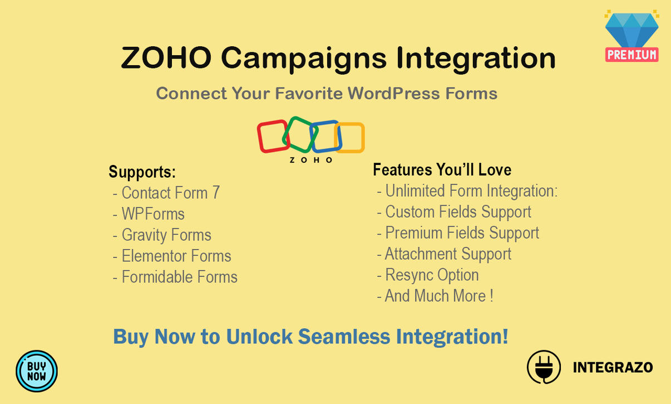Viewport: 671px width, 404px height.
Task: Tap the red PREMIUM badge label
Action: tap(631, 54)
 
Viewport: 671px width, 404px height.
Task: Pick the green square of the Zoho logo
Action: tap(299, 134)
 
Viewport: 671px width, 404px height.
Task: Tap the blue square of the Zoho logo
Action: tap(325, 137)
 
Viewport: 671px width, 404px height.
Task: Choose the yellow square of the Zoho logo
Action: tap(351, 138)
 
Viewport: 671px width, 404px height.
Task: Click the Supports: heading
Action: tap(142, 172)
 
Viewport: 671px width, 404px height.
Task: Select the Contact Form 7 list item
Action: tap(170, 193)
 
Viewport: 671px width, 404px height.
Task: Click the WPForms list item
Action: tap(153, 214)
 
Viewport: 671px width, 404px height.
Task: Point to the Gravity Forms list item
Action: tap(166, 235)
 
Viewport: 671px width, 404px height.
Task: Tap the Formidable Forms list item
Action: tap(179, 277)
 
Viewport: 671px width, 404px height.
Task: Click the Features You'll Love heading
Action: tap(442, 169)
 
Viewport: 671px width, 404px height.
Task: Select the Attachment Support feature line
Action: tap(447, 254)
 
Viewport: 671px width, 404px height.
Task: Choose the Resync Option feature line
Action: tap(432, 275)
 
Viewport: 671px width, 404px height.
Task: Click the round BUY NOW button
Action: tap(37, 371)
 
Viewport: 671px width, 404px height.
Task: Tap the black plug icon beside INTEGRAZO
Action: tap(544, 367)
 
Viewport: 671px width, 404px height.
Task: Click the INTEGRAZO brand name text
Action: tap(613, 367)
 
